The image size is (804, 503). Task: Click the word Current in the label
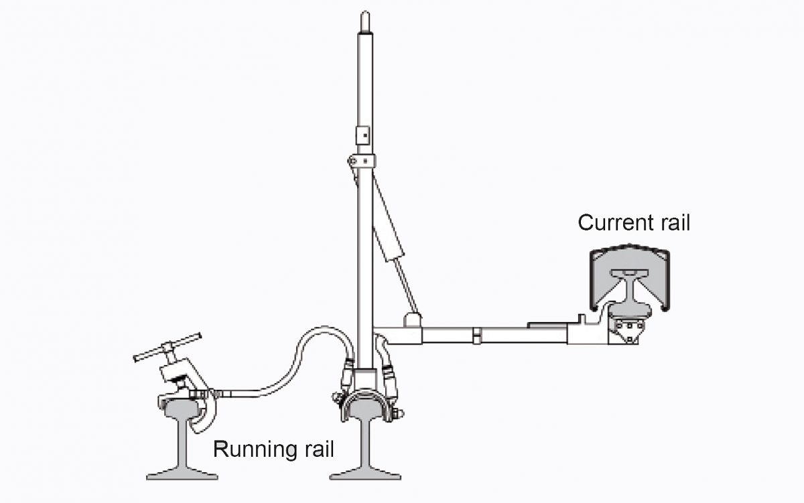pyautogui.click(x=608, y=222)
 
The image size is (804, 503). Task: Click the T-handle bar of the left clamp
pyautogui.click(x=167, y=348)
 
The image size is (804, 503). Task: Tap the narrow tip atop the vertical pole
pyautogui.click(x=364, y=20)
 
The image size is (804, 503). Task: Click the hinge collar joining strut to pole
pyautogui.click(x=362, y=161)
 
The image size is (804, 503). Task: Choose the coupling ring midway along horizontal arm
pyautogui.click(x=476, y=334)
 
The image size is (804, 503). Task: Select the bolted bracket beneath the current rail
pyautogui.click(x=626, y=329)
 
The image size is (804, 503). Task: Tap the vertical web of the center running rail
pyautogui.click(x=365, y=442)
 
